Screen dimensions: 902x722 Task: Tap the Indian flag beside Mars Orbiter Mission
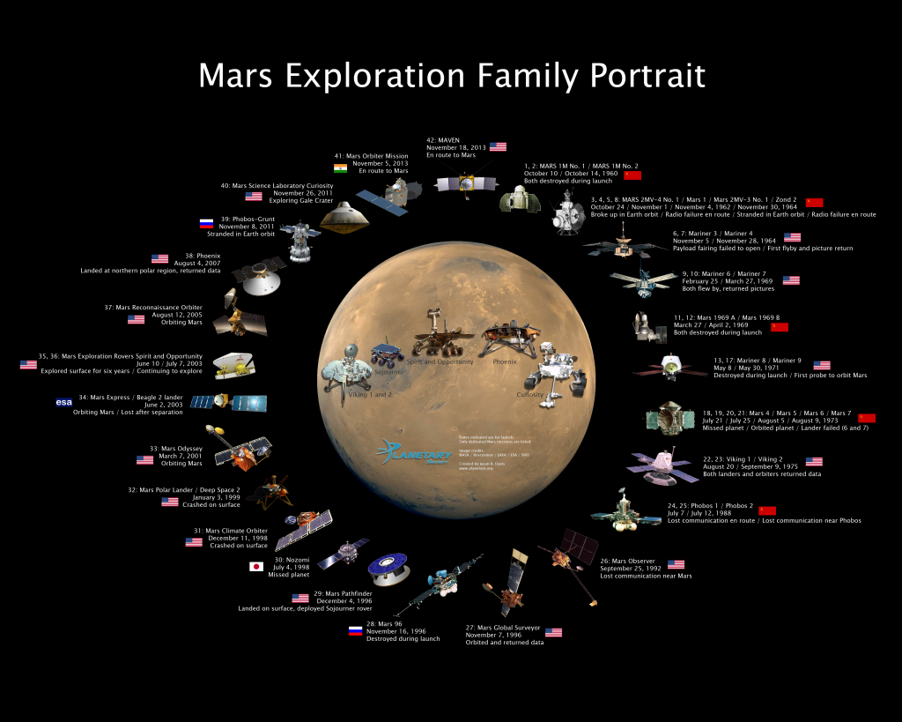(340, 167)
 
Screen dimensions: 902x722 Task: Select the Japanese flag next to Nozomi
(257, 567)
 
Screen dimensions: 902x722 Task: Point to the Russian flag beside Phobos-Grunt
(207, 224)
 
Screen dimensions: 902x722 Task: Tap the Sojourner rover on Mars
(386, 354)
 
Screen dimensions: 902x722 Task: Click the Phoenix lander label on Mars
(505, 361)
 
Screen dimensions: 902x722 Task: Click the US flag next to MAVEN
(499, 146)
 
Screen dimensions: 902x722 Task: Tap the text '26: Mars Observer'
(629, 560)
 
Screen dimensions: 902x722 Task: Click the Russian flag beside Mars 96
(355, 630)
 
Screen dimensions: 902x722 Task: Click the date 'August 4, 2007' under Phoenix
(196, 262)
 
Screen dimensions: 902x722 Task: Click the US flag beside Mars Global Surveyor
(553, 632)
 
